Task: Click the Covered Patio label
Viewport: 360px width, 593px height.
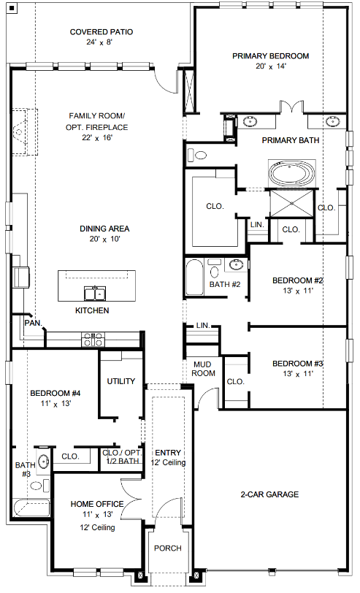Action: [102, 32]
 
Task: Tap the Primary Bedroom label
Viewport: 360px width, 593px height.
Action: [270, 56]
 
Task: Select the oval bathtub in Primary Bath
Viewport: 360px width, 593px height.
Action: [291, 174]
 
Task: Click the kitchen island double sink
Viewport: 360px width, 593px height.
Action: [95, 294]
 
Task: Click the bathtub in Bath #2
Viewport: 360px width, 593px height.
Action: [194, 277]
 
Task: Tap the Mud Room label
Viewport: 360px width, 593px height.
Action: [203, 369]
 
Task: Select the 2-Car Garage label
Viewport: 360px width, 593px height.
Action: [269, 494]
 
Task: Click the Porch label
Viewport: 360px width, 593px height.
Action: [168, 548]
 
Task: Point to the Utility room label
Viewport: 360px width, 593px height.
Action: [120, 381]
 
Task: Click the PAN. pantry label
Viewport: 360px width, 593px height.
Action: [34, 323]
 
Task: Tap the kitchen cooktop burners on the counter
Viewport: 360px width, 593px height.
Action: [93, 340]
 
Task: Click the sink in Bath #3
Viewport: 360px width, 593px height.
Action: [44, 462]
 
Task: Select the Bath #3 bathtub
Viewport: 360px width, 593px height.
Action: [31, 508]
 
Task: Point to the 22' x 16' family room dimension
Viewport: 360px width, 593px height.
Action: [97, 137]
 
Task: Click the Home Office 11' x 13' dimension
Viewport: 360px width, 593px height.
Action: [98, 514]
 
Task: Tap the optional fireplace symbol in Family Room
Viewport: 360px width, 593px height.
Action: [25, 131]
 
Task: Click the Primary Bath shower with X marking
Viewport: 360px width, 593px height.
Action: [292, 204]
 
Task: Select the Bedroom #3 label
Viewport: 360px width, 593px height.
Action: [298, 364]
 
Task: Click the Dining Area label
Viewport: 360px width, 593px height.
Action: [104, 229]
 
